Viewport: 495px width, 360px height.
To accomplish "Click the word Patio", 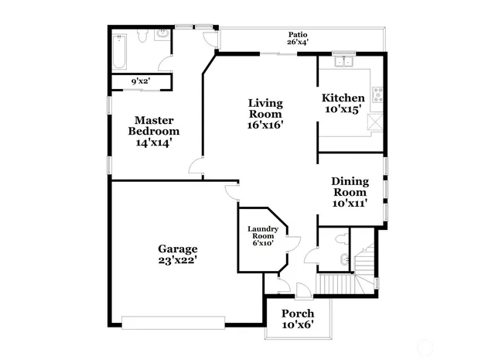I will [x=297, y=34].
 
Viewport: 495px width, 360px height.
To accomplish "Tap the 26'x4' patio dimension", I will [x=297, y=43].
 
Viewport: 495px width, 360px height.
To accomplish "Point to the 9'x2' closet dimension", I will [x=139, y=81].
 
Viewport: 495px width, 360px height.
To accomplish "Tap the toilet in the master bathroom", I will [x=143, y=36].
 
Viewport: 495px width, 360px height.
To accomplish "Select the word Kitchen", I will [x=343, y=98].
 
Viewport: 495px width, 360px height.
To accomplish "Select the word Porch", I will [x=297, y=313].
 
